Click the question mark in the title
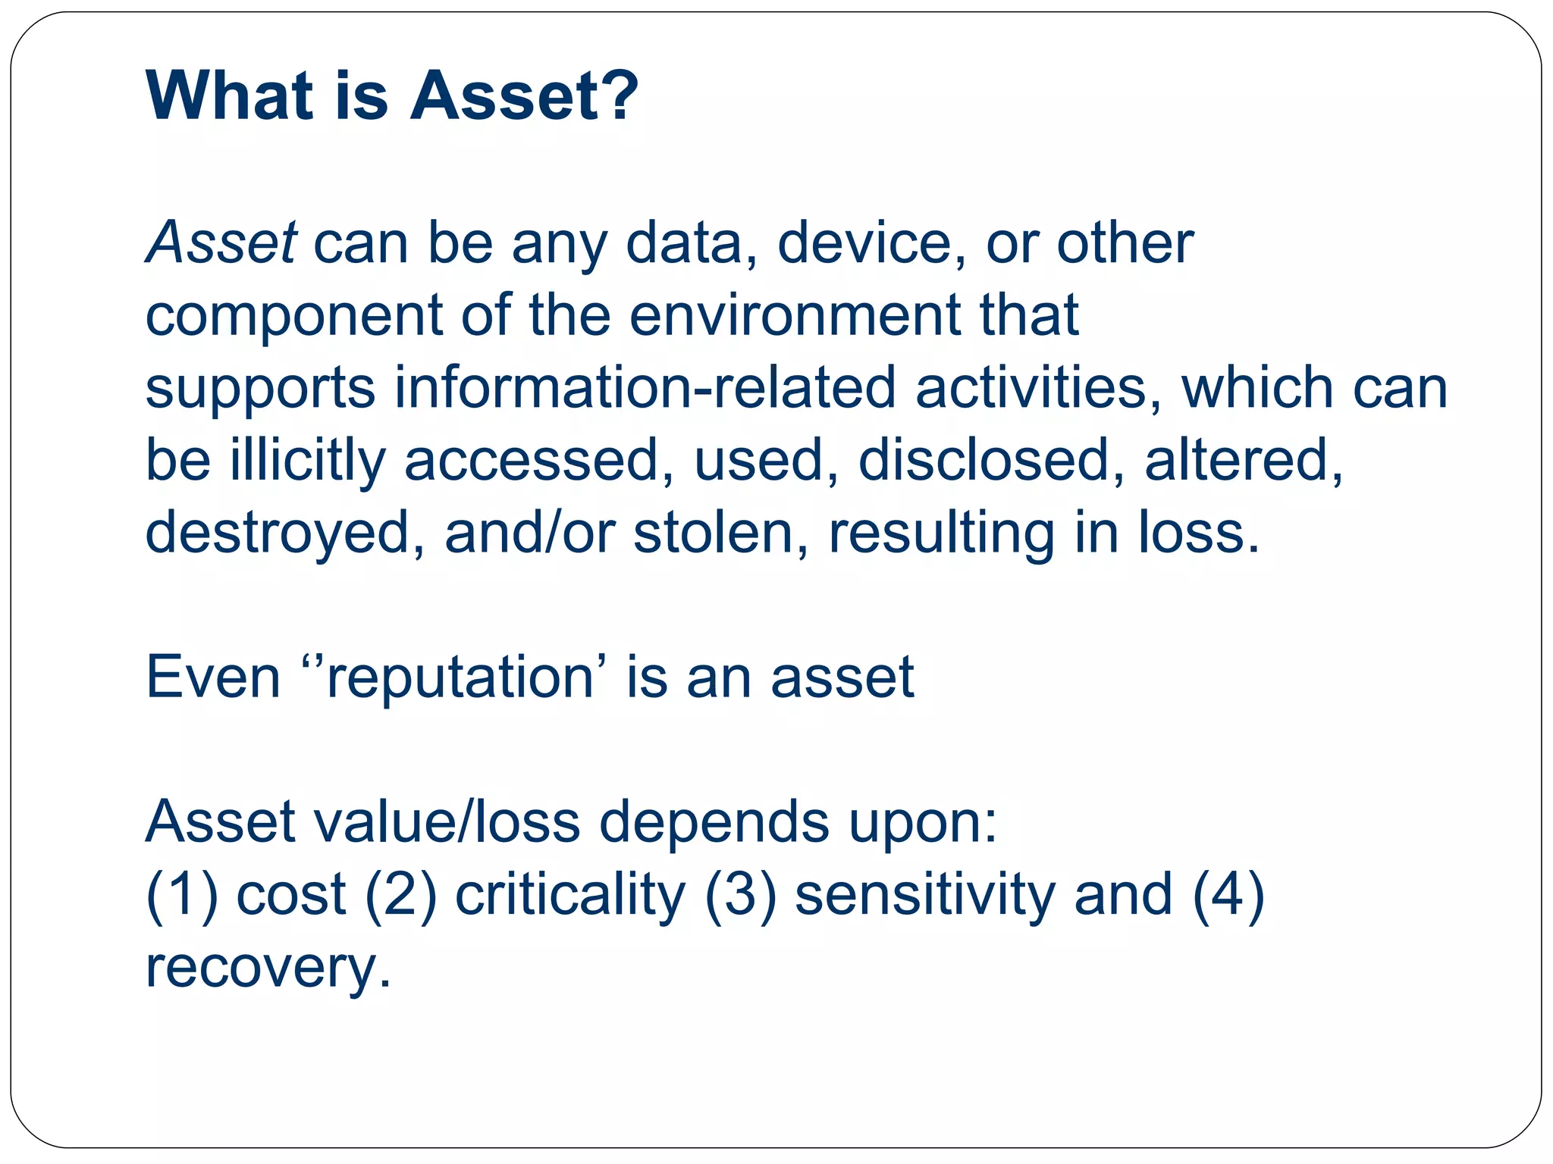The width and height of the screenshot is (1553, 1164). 616,95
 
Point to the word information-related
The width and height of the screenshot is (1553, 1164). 645,388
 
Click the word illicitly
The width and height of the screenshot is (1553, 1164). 308,461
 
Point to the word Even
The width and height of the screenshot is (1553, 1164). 213,677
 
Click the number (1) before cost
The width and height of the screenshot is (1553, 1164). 182,894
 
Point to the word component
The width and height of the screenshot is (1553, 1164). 294,315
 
